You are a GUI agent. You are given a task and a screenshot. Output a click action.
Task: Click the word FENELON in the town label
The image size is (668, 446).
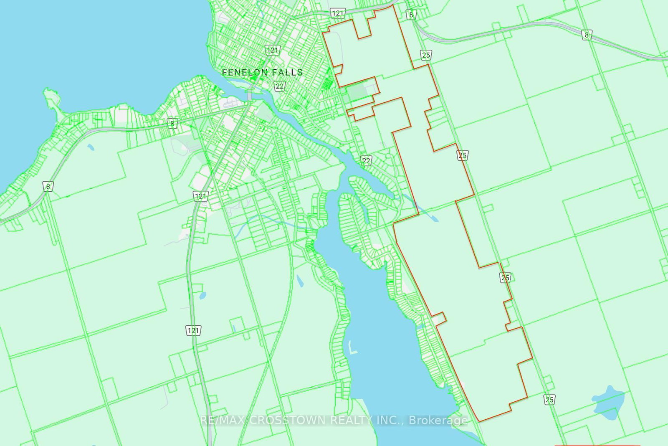pos(245,72)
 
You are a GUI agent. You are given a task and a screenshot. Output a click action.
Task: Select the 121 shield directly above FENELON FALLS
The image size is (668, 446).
pos(272,50)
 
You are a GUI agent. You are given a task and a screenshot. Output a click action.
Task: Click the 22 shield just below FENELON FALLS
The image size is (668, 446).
pos(279,86)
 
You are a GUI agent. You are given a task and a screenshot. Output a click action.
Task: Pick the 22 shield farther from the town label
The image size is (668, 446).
pos(366,161)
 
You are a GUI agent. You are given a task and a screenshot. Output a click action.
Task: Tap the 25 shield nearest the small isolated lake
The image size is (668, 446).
pos(549,400)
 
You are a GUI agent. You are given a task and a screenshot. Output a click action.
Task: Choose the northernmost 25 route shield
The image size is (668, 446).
pos(426,55)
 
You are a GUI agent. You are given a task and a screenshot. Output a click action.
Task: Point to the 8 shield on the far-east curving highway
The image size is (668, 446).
pos(587,35)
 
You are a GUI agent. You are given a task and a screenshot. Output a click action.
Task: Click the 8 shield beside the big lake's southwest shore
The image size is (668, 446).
pos(48,186)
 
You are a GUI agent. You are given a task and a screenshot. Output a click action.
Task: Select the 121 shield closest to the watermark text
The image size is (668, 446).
pos(193,331)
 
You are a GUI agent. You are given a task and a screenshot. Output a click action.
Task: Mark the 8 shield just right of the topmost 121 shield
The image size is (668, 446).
pos(411,15)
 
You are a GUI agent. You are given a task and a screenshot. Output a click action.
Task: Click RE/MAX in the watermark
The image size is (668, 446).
pos(223,420)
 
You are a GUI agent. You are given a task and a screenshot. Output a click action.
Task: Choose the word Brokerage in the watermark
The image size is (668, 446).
pos(438,420)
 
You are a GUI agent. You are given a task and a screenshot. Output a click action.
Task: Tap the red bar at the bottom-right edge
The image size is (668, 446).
pos(597,445)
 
